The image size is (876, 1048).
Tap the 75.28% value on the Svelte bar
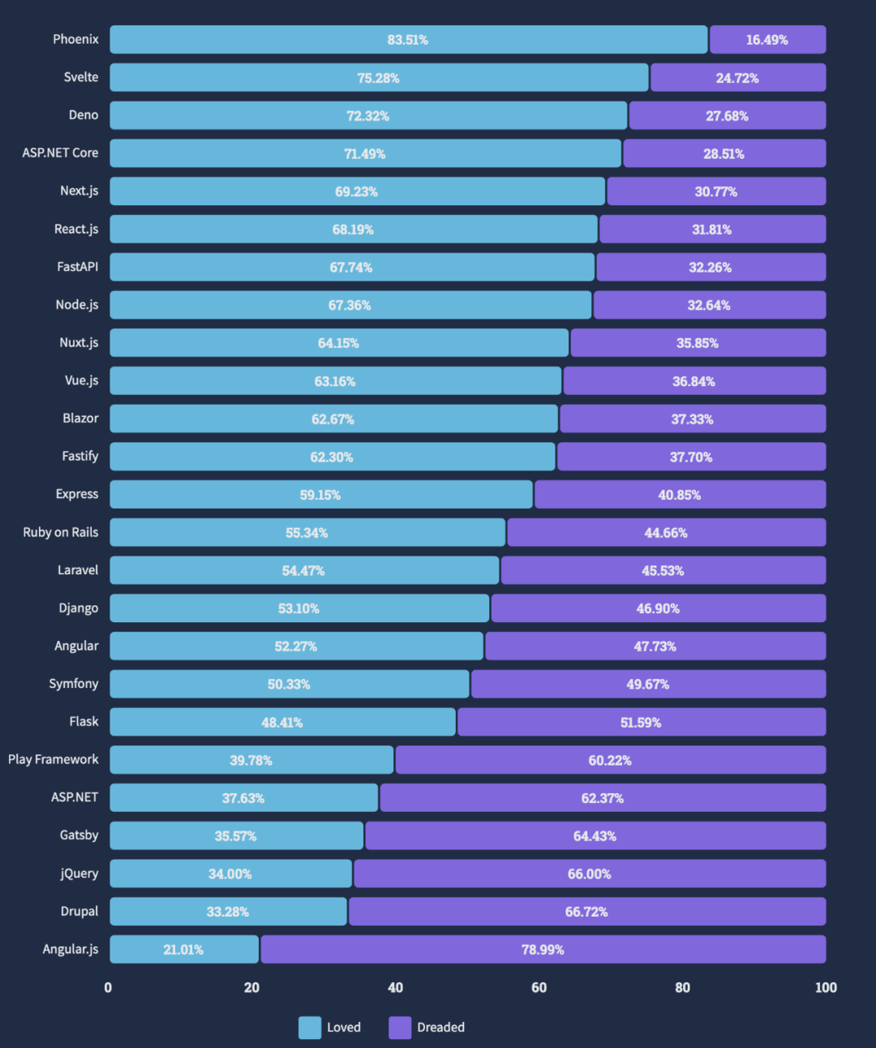[x=378, y=78]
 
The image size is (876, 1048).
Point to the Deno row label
[x=83, y=115]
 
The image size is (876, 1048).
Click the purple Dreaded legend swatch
[x=400, y=1028]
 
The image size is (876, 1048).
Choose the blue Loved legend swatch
[x=310, y=1028]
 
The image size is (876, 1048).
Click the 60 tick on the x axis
[x=539, y=987]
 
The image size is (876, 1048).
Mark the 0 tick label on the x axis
[x=108, y=987]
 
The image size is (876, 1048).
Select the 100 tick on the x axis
[x=826, y=987]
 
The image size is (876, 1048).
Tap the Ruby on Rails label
[x=61, y=532]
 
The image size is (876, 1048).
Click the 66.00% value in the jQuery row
[x=589, y=874]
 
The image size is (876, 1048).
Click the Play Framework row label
[x=54, y=759]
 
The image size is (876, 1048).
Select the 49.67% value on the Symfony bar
[x=647, y=684]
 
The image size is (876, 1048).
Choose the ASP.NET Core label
[x=60, y=152]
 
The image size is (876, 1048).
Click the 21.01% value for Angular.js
[x=183, y=949]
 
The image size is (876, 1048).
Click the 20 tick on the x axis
[x=251, y=987]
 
